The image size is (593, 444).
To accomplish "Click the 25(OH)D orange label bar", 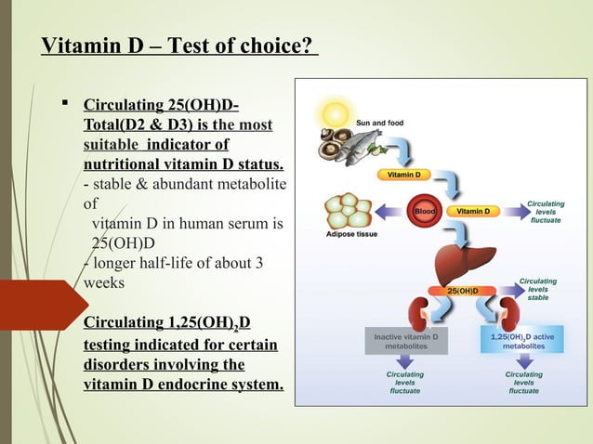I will (468, 291).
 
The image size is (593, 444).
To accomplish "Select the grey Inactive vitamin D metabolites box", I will (406, 340).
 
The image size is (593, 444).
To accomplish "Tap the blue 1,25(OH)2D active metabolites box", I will (523, 340).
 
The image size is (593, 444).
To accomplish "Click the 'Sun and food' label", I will (380, 122).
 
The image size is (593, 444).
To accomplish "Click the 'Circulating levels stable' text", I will (537, 289).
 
